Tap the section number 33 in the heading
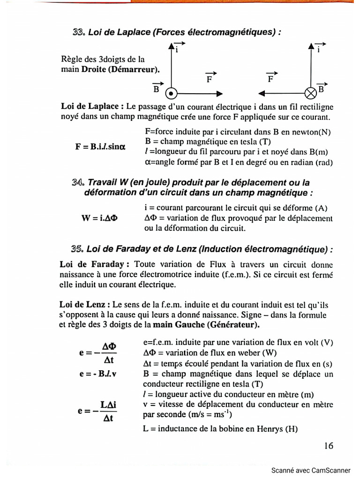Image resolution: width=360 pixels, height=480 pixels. [x=78, y=32]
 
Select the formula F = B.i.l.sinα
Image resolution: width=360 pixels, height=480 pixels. [x=100, y=146]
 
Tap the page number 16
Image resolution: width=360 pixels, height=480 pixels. [x=328, y=445]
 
